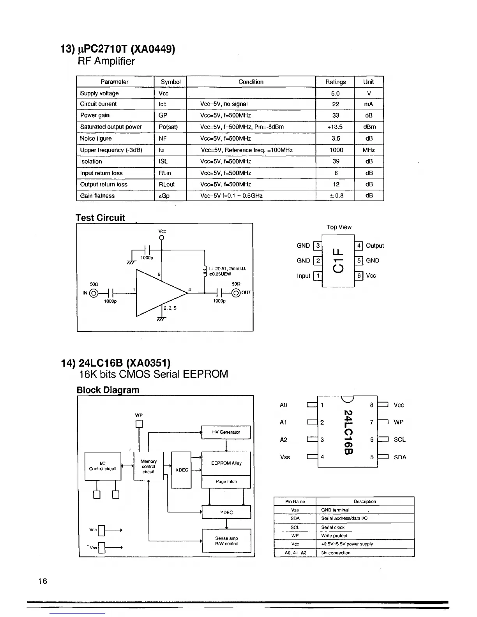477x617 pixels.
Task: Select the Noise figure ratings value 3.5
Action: coord(336,138)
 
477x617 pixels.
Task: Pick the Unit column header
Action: coord(368,82)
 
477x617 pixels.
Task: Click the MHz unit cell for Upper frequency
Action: coord(368,150)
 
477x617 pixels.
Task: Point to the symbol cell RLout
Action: coord(166,184)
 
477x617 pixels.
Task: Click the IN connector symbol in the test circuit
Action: coord(94,293)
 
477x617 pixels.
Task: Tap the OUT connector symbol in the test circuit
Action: coord(236,293)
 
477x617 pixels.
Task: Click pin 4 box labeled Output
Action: coord(359,246)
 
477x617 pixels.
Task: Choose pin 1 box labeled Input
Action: coord(318,276)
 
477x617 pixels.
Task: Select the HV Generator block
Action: coord(226,432)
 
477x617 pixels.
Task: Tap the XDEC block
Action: coord(182,470)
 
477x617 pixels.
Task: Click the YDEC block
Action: coord(226,512)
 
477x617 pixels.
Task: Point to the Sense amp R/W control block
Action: coord(226,541)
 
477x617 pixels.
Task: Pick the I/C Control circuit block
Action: coord(103,466)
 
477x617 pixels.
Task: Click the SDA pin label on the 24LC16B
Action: coord(400,457)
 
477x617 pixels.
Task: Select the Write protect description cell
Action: coord(365,536)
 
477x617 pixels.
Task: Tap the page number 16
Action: coord(42,582)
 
